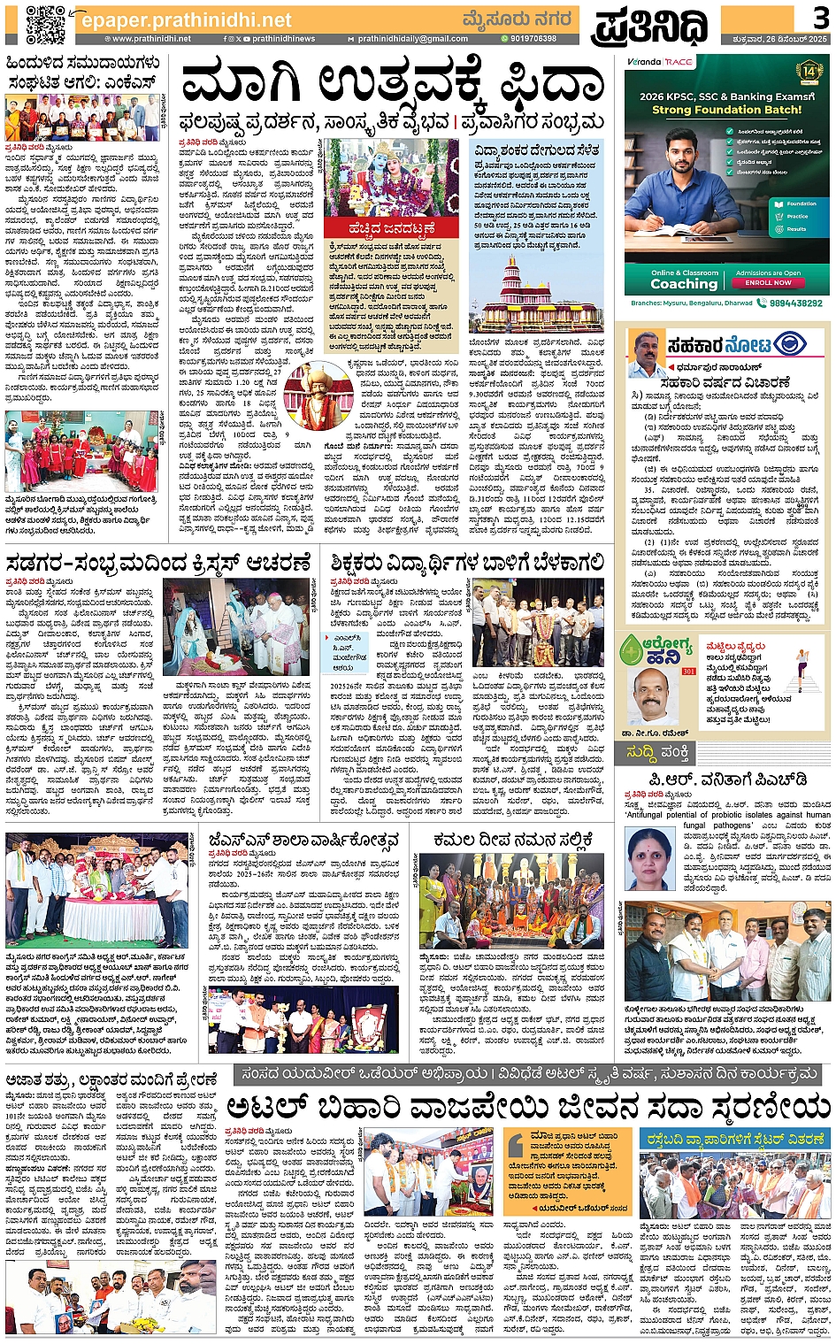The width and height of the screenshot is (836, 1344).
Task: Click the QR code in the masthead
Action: [x=45, y=24]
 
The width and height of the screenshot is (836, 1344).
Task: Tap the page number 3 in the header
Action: [x=820, y=17]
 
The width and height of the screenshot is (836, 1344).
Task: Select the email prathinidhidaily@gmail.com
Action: [x=412, y=39]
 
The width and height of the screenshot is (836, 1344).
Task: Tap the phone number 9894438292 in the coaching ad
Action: [x=795, y=303]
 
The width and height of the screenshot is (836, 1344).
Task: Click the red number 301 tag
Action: [x=688, y=672]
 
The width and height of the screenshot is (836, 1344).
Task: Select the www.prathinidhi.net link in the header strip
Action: [x=151, y=39]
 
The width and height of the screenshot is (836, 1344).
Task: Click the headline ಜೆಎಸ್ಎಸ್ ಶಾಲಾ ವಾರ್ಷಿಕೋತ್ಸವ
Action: [x=303, y=840]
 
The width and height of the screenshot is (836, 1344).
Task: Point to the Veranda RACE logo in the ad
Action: [x=660, y=62]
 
